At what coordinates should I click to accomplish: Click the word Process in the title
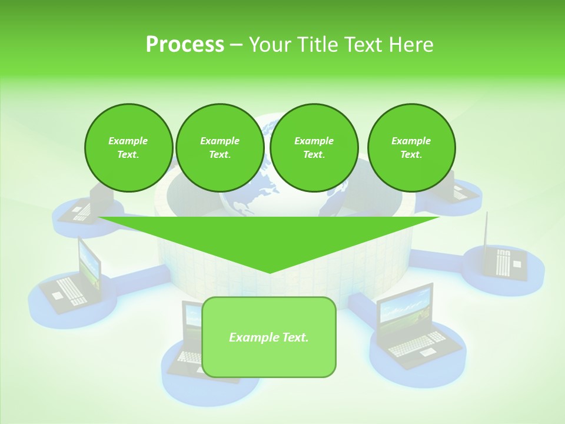pos(185,44)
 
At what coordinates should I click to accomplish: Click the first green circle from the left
pos(128,148)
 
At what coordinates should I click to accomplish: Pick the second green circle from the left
pos(220,148)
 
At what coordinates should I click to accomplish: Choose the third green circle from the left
pos(314,148)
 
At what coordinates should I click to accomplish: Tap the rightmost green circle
pos(411,148)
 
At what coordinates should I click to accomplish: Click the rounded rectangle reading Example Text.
pos(269,337)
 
